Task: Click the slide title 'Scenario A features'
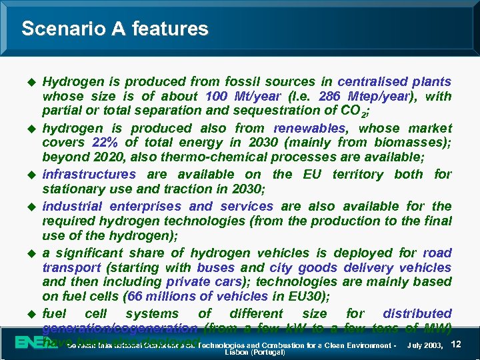click(115, 29)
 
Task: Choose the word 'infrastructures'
click(89, 175)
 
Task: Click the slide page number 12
click(456, 343)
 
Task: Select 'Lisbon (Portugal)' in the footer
click(255, 352)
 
